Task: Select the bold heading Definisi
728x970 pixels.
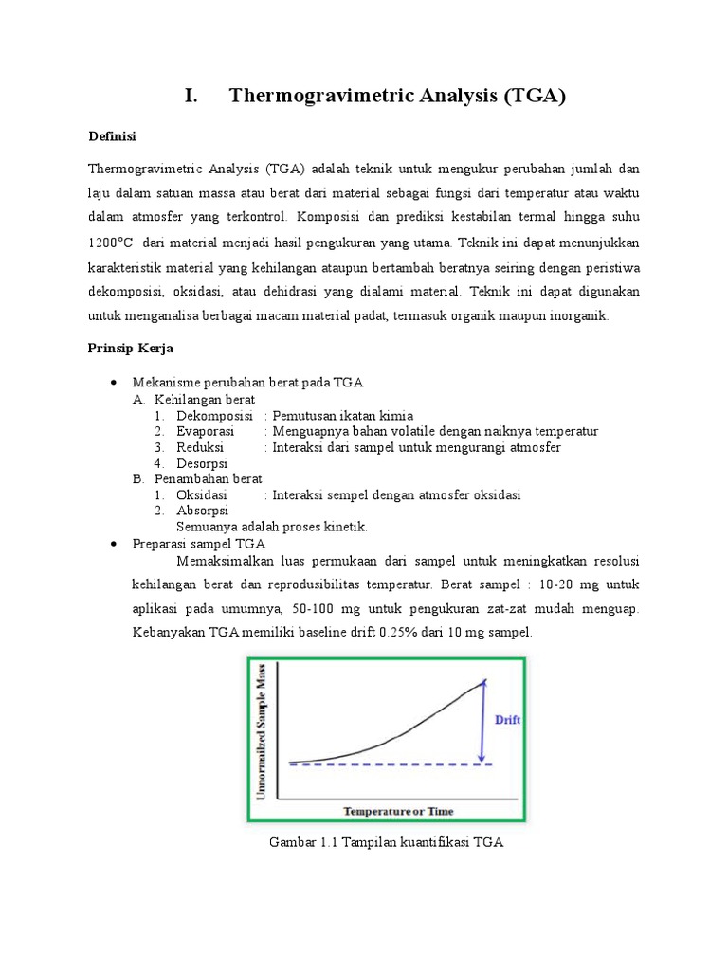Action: pos(112,136)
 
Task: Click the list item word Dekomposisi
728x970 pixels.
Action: pos(214,416)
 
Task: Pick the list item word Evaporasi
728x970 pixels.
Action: pos(206,431)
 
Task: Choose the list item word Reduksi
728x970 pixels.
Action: pos(200,447)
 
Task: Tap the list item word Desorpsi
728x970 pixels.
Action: pos(202,463)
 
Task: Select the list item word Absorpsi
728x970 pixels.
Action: pos(203,511)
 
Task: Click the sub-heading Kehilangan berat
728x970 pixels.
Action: pos(205,400)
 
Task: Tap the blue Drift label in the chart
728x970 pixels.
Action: pos(508,720)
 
